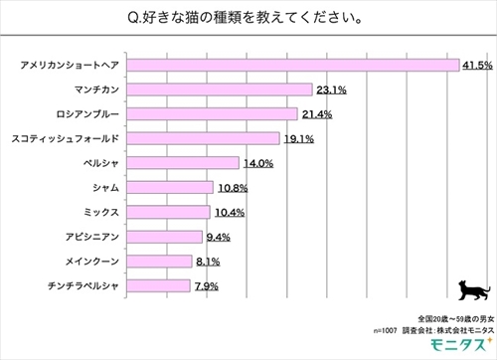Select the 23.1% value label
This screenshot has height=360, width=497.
tap(330, 90)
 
